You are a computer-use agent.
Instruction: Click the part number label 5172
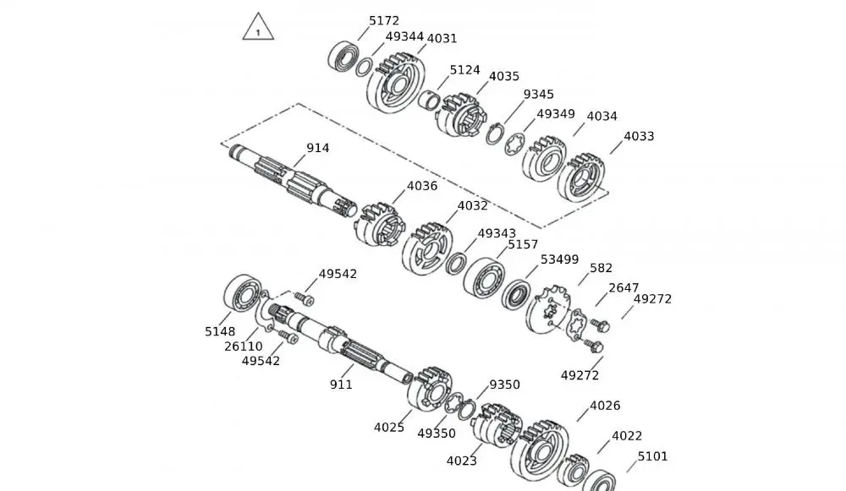coord(384,20)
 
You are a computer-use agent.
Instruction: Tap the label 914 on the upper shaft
coord(318,148)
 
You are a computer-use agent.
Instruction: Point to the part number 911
coord(341,385)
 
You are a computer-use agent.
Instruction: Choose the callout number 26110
coord(244,346)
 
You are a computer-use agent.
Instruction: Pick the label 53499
coord(559,259)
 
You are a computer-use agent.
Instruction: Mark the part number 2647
coord(624,287)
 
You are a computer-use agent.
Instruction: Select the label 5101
coord(652,456)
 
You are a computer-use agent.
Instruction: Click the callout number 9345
coord(539,94)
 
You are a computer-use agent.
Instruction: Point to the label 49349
coord(556,113)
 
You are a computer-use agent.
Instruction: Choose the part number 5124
coord(464,70)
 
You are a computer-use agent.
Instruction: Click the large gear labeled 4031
coord(395,85)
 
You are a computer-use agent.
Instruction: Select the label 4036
coord(422,186)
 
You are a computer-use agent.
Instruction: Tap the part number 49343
coord(497,232)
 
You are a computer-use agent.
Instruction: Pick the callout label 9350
coord(504,385)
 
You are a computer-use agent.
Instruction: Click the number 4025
coord(389,427)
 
